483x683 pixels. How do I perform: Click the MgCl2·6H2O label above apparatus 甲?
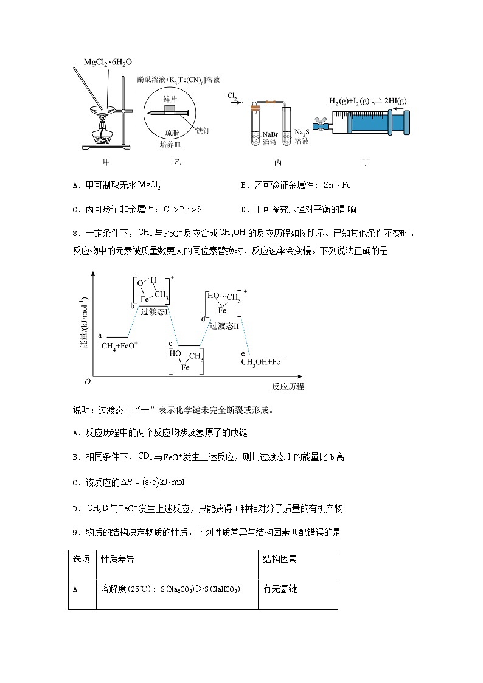[108, 62]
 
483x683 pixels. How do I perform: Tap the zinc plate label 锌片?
[170, 98]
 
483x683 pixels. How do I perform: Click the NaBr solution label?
[270, 137]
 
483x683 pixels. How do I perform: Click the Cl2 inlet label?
[232, 96]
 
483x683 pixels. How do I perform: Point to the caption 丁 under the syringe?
[366, 162]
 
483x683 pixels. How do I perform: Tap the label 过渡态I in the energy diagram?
[155, 311]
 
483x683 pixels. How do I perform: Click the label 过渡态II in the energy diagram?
[224, 325]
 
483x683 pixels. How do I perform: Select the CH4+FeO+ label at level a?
[120, 345]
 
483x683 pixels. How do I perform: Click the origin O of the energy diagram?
[88, 381]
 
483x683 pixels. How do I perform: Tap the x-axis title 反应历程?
[288, 387]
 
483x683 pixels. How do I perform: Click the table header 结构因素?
[280, 560]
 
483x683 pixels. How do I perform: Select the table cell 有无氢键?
[280, 589]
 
